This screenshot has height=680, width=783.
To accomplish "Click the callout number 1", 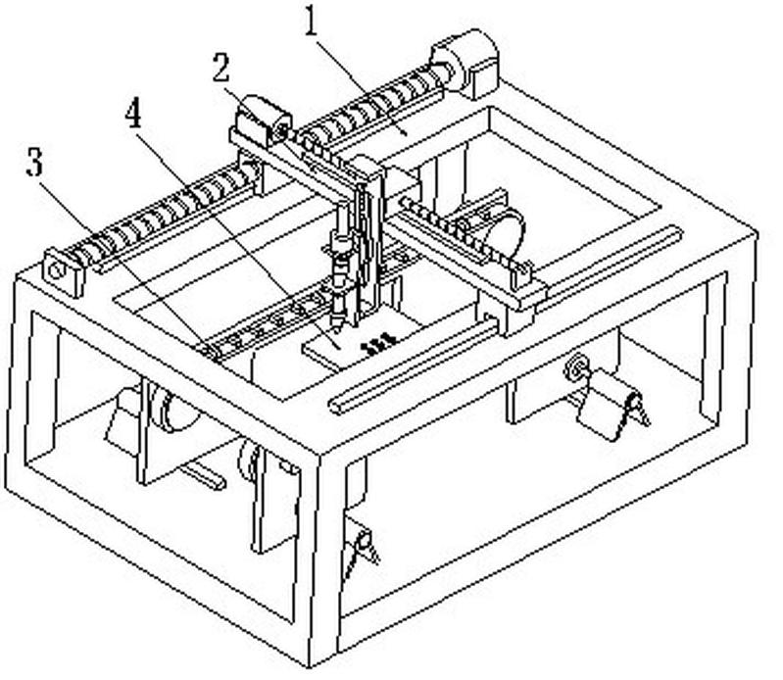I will pos(313,22).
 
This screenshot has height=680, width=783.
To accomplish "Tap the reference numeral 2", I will pos(221,68).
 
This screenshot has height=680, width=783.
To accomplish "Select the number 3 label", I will pos(36,162).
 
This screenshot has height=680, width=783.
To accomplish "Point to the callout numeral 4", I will pos(133,114).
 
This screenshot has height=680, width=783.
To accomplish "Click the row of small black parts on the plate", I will pos(377,344).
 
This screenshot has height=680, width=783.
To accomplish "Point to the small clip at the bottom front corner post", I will pos(362,549).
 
